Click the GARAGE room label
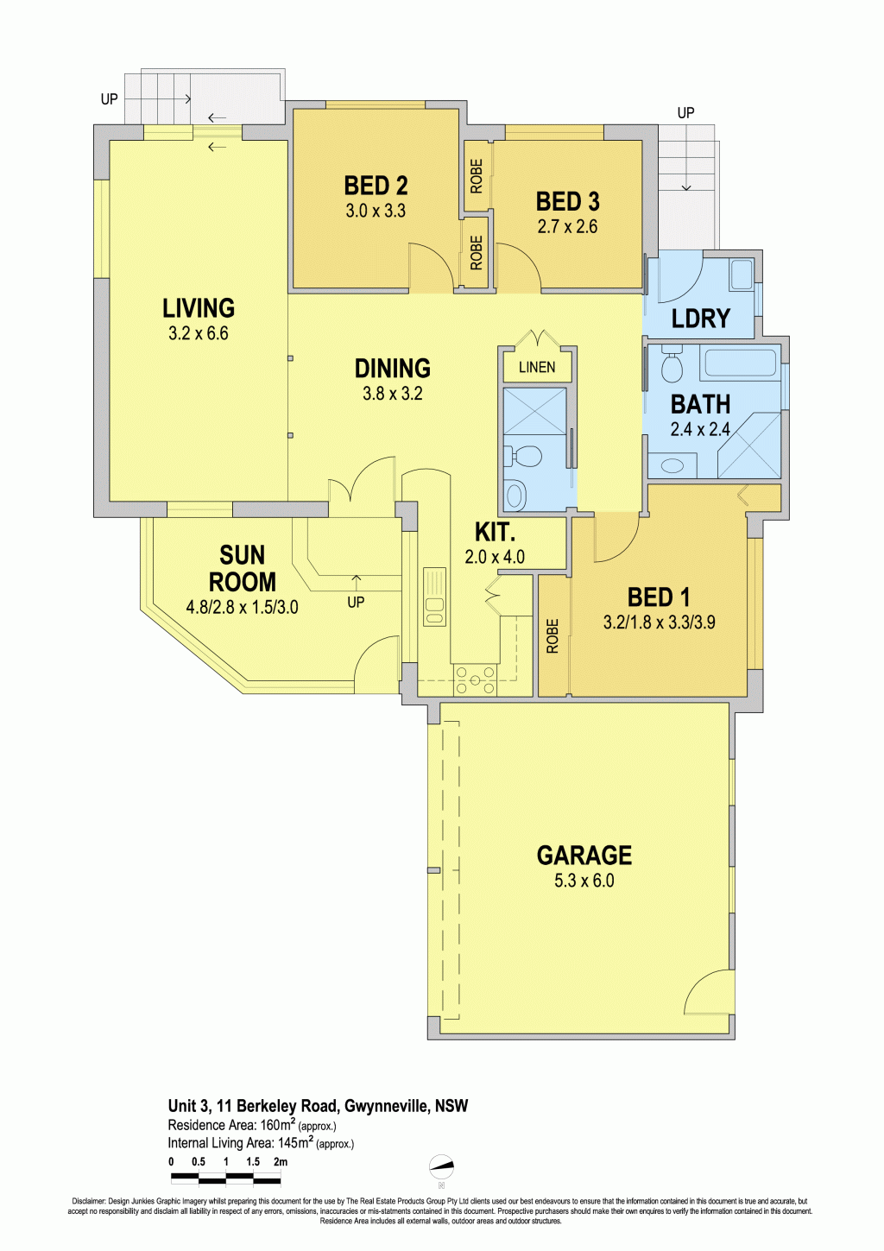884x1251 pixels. [x=584, y=855]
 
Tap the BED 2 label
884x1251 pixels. [x=376, y=186]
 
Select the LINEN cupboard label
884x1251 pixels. [x=537, y=368]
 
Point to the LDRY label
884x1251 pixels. [x=700, y=319]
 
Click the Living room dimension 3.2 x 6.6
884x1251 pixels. [x=199, y=333]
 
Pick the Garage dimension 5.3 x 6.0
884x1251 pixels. [x=584, y=881]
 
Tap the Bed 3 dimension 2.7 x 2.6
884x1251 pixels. [x=567, y=227]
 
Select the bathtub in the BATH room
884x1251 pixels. [x=742, y=363]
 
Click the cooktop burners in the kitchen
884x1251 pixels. [x=475, y=679]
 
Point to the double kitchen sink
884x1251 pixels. [x=434, y=597]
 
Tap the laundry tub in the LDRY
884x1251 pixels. [x=741, y=275]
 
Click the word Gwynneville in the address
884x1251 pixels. [x=384, y=1106]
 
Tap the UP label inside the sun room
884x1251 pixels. [x=356, y=602]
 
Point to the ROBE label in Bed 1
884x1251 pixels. [x=552, y=635]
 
